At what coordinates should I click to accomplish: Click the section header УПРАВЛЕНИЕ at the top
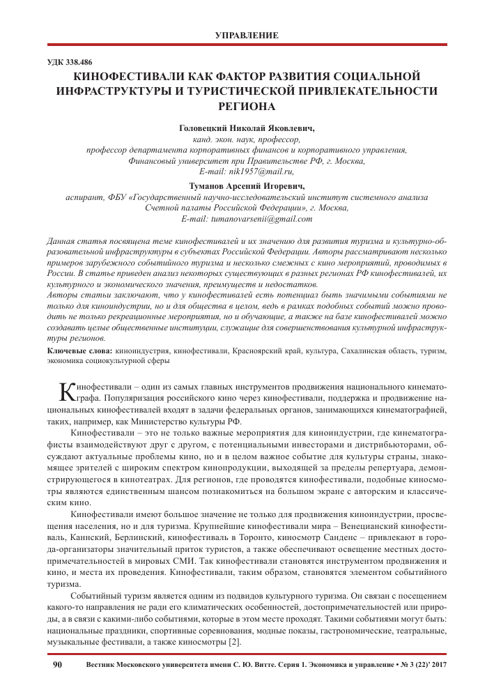247,35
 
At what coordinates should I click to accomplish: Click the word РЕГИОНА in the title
247,107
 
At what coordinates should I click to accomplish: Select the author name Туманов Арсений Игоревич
247,186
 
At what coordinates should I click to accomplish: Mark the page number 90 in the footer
57,666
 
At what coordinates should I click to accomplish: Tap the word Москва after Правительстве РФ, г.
348,160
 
